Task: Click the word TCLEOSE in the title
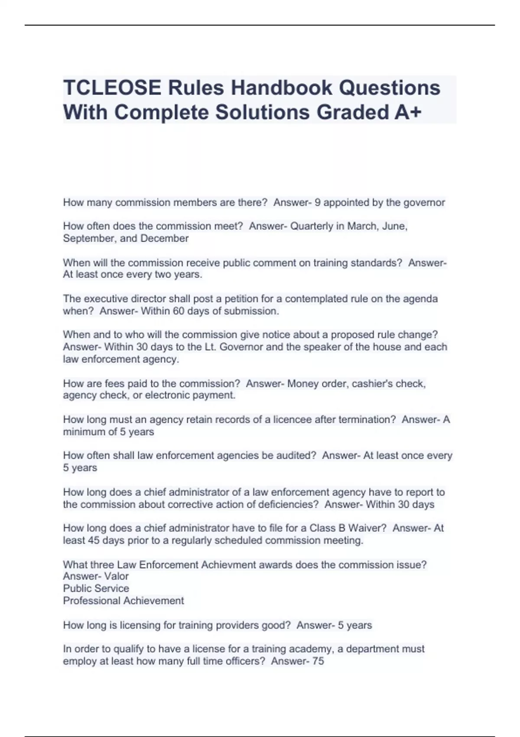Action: click(112, 88)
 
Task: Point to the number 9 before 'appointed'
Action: click(318, 202)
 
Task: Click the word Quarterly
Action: click(312, 226)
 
